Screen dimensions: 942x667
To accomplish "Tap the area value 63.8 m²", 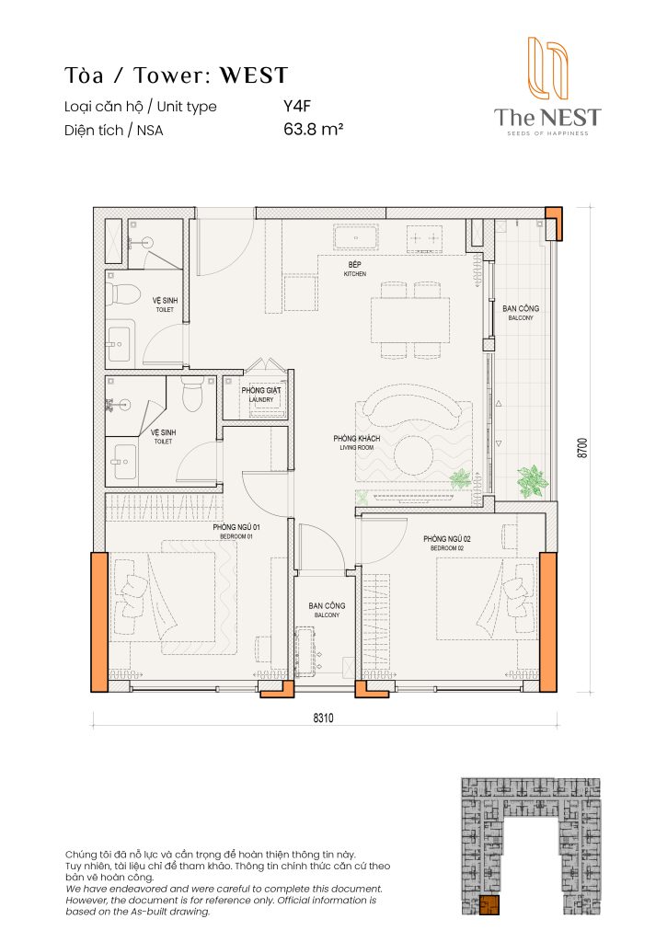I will (x=313, y=130).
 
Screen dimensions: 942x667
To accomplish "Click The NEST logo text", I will (x=546, y=118).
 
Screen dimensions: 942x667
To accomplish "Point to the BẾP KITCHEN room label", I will (x=355, y=269).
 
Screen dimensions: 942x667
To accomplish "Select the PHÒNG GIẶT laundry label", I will (x=260, y=394).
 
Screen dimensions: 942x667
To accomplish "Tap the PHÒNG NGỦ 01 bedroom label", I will (x=237, y=532).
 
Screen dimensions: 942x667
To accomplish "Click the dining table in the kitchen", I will (x=410, y=319).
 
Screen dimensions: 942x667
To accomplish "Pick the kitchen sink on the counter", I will (x=356, y=239).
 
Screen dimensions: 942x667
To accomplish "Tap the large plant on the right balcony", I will (x=532, y=479).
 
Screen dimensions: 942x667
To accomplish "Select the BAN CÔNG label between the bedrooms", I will (x=327, y=610).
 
